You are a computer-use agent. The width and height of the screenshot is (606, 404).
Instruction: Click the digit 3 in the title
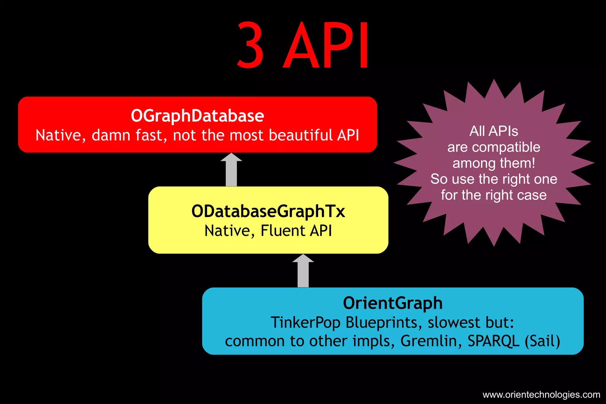[250, 45]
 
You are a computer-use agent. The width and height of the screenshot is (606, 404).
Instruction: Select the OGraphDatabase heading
[197, 116]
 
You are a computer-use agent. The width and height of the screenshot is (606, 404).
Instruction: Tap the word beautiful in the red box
[301, 135]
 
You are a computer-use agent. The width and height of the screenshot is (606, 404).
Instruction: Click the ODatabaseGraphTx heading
[268, 211]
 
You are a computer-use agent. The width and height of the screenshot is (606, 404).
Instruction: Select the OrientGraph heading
[393, 303]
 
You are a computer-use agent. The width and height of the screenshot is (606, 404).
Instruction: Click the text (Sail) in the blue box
[542, 341]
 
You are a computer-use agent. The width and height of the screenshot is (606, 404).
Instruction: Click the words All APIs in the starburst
[494, 131]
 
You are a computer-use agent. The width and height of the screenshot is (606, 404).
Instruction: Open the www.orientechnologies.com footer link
[541, 395]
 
